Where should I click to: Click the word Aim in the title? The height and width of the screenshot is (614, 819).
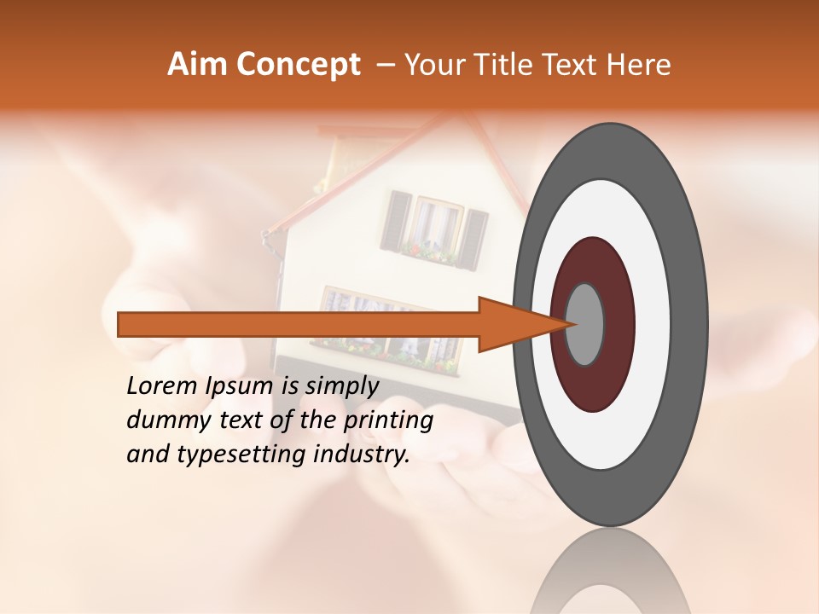[x=198, y=65]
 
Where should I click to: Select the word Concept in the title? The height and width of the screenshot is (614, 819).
[x=297, y=65]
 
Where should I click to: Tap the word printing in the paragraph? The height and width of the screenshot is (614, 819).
[x=387, y=421]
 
